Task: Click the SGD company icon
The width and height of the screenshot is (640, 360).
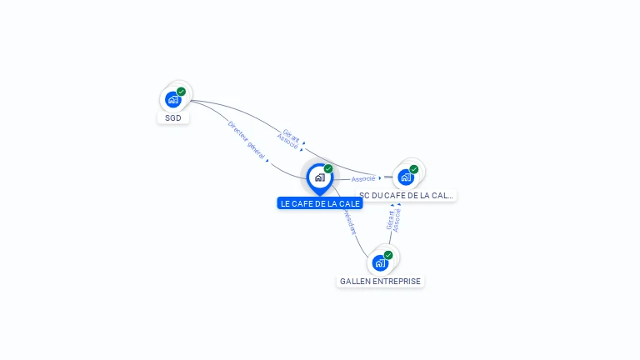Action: (172, 100)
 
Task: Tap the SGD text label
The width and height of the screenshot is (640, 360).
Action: (173, 118)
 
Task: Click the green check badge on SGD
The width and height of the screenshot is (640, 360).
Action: (182, 92)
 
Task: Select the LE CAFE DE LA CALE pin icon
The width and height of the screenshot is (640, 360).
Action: (319, 177)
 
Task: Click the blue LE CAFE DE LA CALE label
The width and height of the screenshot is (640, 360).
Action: (320, 203)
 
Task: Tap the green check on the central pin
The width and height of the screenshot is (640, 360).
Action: (328, 169)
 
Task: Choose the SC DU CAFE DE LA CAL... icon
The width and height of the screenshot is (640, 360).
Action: (406, 177)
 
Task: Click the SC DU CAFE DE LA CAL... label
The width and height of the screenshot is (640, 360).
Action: (407, 196)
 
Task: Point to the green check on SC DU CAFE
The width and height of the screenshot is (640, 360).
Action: (414, 169)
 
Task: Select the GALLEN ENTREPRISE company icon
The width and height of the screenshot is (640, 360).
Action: (380, 263)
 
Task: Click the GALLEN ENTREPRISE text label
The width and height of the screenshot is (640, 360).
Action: (381, 282)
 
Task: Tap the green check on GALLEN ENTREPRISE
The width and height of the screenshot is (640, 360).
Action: (388, 255)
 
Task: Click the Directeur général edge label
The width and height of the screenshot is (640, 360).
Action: (246, 140)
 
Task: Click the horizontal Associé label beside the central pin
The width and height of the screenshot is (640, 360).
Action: (362, 179)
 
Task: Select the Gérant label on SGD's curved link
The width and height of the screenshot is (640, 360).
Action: (292, 133)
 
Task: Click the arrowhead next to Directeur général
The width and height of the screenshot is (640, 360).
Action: (267, 160)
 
